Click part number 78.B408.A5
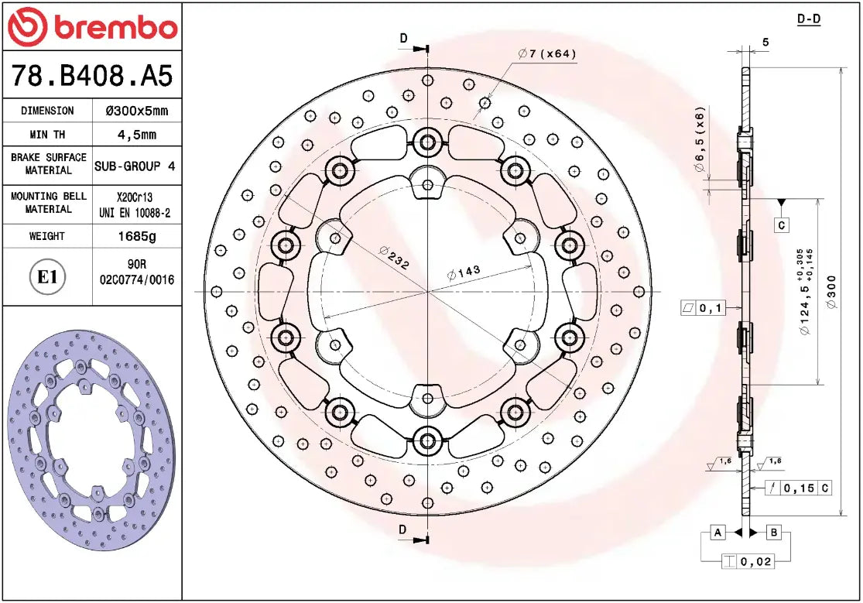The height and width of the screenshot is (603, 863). coord(91,76)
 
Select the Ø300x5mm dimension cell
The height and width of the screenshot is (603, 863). coord(135,111)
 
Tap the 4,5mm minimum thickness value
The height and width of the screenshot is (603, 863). coord(135,134)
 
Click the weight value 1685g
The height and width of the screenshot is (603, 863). coord(135,236)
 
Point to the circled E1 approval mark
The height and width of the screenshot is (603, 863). coord(48,276)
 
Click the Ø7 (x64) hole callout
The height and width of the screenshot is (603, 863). coord(547,53)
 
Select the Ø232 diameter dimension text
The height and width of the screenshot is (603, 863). coord(394,257)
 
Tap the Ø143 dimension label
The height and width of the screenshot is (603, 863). coord(464,272)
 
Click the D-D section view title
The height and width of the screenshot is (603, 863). coord(808,19)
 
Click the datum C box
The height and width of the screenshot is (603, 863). coord(782,225)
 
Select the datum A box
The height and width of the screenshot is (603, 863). coord(717,533)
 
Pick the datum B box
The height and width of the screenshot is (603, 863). coord(774,533)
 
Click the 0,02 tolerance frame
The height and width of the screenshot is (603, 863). coord(747,562)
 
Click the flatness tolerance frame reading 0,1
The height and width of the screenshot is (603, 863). coord(702,309)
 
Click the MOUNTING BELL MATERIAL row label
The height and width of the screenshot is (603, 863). coord(48,203)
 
